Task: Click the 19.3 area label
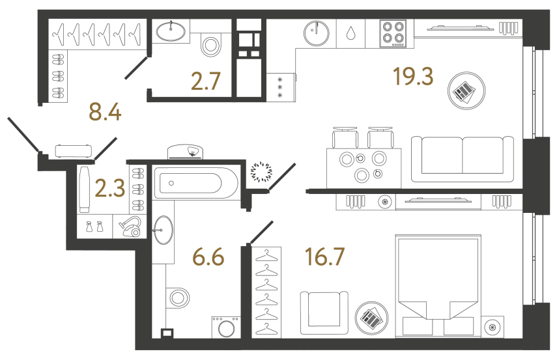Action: [413, 77]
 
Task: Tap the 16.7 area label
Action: [324, 258]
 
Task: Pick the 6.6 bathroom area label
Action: [208, 258]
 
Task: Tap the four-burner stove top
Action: [394, 33]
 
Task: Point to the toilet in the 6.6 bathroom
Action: [177, 298]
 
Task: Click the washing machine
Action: [225, 327]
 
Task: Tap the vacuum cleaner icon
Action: [131, 227]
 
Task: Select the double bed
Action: [436, 286]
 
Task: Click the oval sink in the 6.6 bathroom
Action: [163, 230]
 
